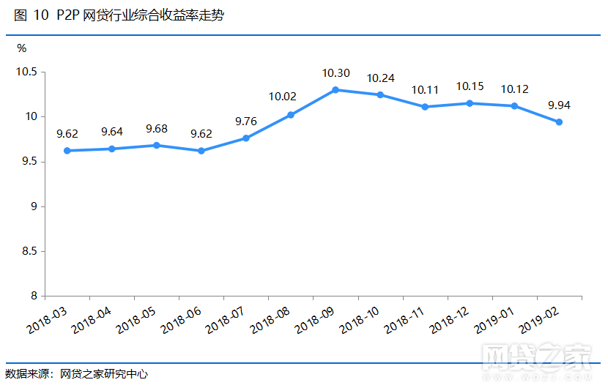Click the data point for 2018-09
coord(335,90)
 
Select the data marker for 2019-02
coord(560,122)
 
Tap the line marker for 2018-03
coord(67,151)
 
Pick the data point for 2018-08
coord(291,115)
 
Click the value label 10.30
coord(335,73)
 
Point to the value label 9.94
coord(560,105)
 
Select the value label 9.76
coord(246,122)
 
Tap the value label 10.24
coord(381,78)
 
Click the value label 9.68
coord(157,129)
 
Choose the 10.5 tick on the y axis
coord(29,72)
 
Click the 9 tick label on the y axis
coord(34,207)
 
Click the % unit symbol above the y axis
coord(22,48)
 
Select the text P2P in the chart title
coord(67,16)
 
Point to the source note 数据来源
coord(29,374)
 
